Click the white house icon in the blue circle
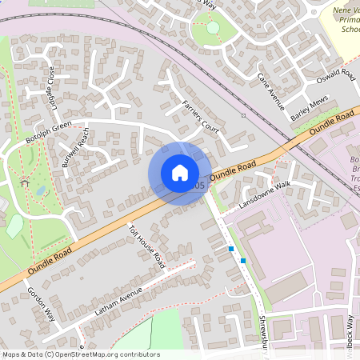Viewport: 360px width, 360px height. (180, 173)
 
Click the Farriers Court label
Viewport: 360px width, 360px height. (200, 116)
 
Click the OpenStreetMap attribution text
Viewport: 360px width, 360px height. (80, 354)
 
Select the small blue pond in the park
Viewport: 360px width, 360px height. (40, 191)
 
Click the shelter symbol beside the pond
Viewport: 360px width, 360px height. (23, 184)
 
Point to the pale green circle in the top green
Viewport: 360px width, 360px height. (213, 28)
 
